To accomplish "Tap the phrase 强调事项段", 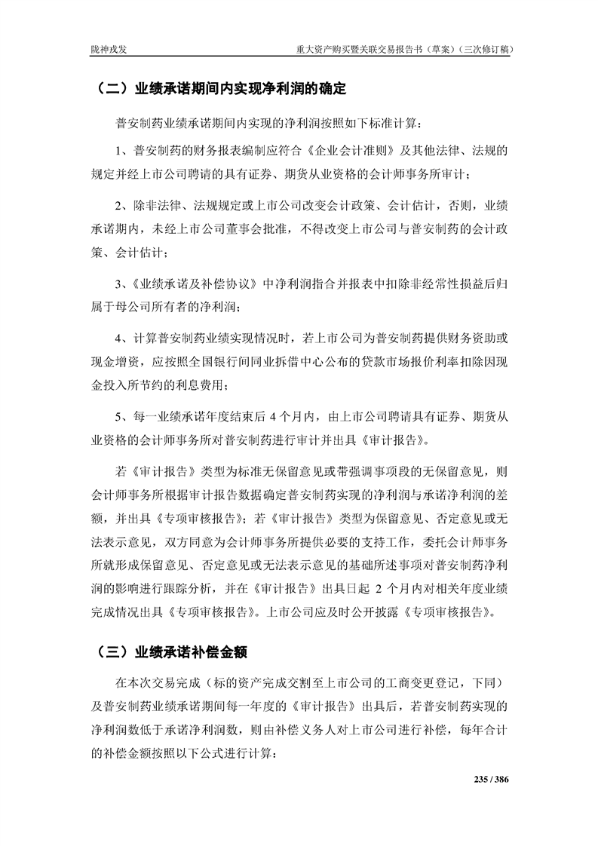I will [387, 473].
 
